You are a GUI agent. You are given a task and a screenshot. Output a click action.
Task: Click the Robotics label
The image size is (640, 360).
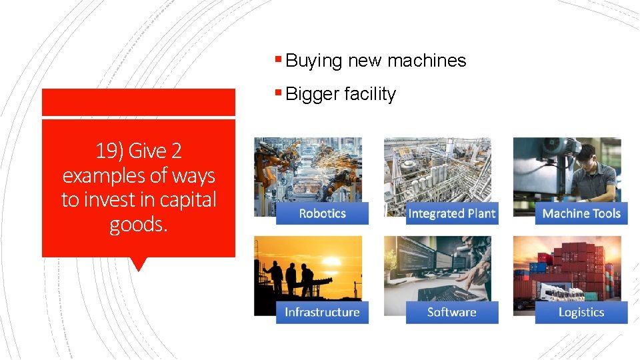(322, 213)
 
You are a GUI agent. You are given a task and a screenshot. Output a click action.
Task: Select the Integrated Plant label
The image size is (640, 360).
(452, 213)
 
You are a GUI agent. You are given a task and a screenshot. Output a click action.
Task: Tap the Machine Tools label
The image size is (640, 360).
(581, 213)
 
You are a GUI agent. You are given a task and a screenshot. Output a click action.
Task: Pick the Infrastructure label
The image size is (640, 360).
(322, 312)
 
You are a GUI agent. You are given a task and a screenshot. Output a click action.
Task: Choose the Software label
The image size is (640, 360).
(452, 312)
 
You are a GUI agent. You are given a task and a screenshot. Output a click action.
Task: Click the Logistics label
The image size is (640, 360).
(581, 312)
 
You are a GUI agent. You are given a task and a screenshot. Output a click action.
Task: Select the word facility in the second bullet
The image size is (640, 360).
(369, 95)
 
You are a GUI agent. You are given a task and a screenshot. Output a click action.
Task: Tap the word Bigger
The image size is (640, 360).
(313, 95)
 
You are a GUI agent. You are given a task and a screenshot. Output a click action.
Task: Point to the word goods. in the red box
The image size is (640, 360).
(139, 224)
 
